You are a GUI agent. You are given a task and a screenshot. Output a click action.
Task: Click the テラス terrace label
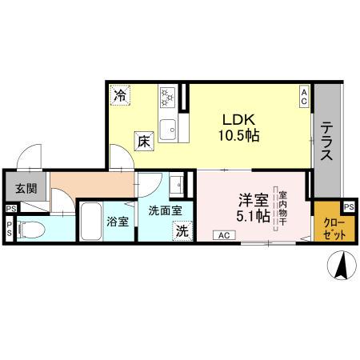[x=327, y=142]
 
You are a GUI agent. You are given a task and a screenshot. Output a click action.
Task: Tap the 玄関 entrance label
[x=25, y=190]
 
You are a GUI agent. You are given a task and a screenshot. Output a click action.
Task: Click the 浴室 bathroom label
[x=118, y=221]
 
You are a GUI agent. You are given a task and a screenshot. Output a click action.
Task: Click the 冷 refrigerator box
[x=120, y=94]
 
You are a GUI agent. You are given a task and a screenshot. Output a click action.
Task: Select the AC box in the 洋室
[x=223, y=234]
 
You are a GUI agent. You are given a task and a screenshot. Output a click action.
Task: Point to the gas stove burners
[x=169, y=98]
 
